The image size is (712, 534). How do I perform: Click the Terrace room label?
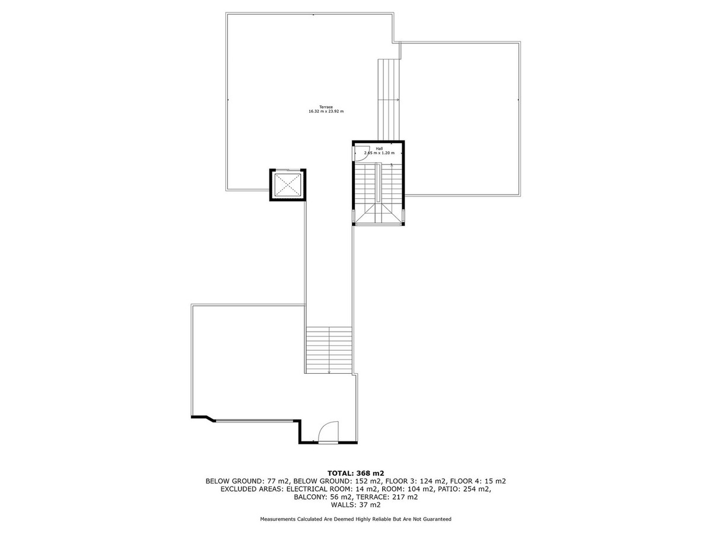click(x=326, y=107)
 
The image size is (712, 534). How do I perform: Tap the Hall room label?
click(x=379, y=148)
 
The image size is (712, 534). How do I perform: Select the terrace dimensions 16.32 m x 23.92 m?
click(x=326, y=111)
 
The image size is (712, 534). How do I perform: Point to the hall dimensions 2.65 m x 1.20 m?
click(x=379, y=152)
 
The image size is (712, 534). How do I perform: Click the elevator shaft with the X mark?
click(x=288, y=185)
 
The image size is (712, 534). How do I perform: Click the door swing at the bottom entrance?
click(x=328, y=431)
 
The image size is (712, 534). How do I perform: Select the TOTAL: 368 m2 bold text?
click(x=356, y=473)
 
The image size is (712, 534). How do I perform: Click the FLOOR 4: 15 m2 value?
click(x=478, y=481)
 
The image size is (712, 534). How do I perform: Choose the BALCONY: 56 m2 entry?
click(x=323, y=497)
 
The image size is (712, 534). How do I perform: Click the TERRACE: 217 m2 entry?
click(x=387, y=497)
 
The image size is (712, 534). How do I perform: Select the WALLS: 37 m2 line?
click(x=356, y=505)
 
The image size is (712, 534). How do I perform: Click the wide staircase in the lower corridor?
click(x=329, y=350)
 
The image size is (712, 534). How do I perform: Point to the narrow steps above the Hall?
click(x=388, y=100)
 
